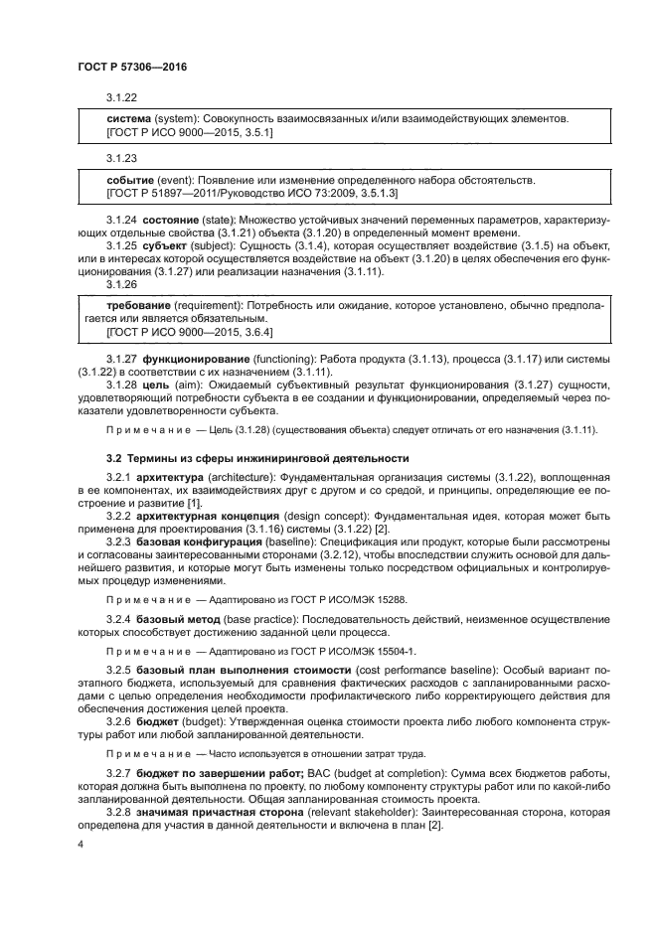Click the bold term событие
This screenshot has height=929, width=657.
click(129, 180)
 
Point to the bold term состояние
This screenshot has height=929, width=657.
click(168, 218)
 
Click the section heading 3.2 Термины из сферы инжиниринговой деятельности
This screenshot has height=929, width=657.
click(257, 458)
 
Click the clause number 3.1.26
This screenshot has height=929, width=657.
click(121, 283)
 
